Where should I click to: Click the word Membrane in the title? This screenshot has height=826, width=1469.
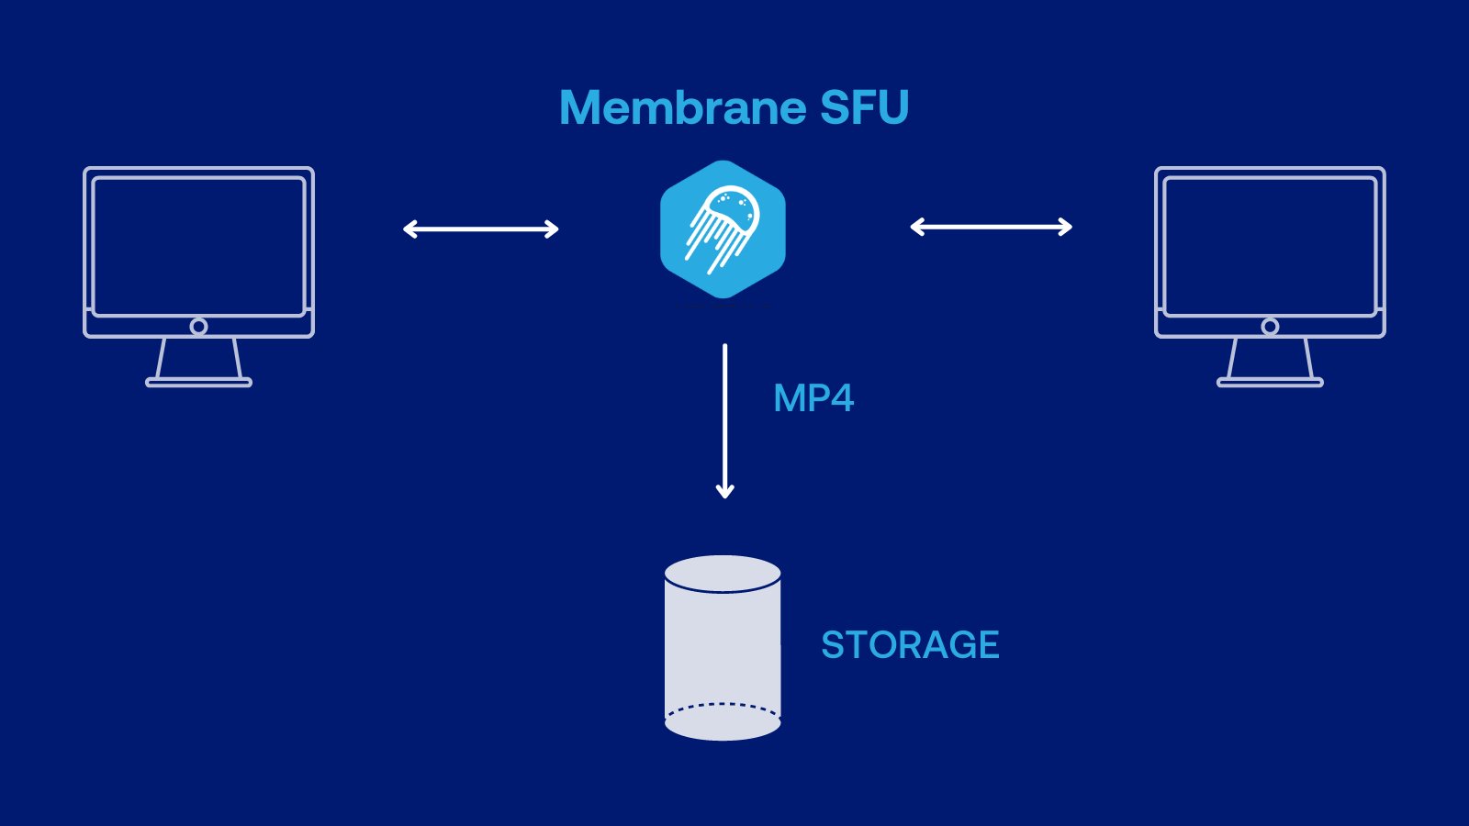(x=681, y=108)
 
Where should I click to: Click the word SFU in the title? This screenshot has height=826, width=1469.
(x=863, y=108)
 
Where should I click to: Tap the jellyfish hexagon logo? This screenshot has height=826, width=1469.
(x=723, y=229)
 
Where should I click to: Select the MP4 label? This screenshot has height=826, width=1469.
(x=813, y=398)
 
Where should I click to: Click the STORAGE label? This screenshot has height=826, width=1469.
(x=909, y=645)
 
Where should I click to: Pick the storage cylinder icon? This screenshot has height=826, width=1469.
(x=723, y=652)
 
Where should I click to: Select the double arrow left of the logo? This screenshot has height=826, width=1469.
(x=480, y=229)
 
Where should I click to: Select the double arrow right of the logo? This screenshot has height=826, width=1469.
(x=991, y=227)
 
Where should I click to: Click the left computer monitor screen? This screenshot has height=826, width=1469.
(x=198, y=246)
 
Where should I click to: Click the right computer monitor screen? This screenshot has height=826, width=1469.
(x=1270, y=246)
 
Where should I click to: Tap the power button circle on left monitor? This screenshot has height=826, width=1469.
(x=198, y=327)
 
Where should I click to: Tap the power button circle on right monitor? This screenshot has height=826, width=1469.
(x=1270, y=327)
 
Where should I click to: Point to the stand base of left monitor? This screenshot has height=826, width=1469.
(x=198, y=382)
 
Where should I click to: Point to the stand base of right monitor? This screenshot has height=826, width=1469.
(x=1270, y=382)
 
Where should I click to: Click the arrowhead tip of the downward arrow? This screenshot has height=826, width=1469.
(x=724, y=495)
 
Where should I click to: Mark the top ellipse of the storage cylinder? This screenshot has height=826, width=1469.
(x=723, y=575)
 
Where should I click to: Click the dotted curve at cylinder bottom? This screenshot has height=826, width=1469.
(x=723, y=706)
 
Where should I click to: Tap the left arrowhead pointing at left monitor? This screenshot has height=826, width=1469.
(x=408, y=229)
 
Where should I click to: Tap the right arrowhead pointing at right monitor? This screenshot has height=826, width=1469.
(x=1068, y=227)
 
